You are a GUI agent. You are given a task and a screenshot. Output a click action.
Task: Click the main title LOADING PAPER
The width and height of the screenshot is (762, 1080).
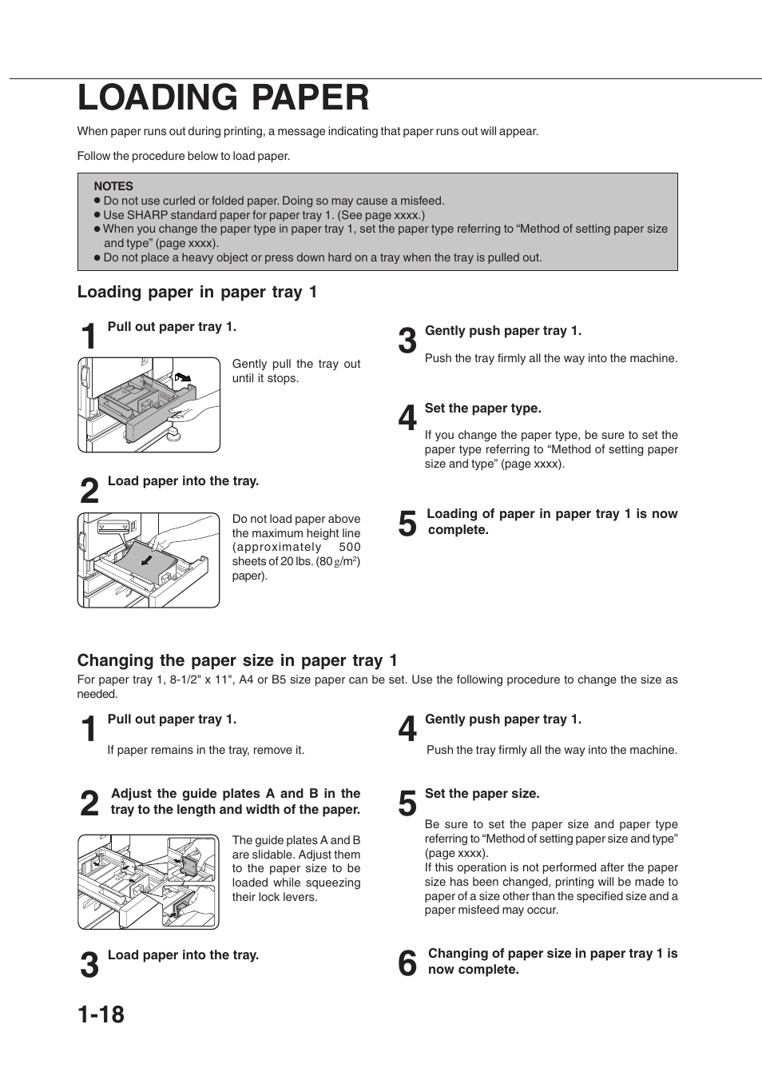tap(224, 98)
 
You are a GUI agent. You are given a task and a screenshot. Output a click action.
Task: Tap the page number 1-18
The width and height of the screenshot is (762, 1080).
tap(101, 1014)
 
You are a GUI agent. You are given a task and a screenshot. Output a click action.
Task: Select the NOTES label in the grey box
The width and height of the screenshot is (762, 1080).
tap(113, 186)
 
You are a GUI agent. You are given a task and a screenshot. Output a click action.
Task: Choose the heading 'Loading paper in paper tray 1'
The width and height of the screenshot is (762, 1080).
tap(197, 293)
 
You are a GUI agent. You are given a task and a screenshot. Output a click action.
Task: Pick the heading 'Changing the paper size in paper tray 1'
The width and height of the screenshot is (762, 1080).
tap(237, 660)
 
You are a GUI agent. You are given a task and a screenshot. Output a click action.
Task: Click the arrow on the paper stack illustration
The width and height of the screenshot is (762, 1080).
tap(145, 561)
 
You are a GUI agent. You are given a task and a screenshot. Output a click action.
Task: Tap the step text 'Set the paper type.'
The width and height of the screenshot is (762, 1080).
tap(482, 408)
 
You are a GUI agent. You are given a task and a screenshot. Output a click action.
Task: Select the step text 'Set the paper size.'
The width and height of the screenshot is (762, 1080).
tap(482, 794)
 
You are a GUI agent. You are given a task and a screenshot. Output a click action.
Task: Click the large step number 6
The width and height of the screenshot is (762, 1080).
tap(407, 964)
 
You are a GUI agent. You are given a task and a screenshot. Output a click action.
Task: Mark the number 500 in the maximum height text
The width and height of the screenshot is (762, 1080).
tap(349, 548)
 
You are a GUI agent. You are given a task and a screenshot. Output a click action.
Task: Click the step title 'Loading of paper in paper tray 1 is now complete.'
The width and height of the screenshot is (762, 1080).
tap(552, 522)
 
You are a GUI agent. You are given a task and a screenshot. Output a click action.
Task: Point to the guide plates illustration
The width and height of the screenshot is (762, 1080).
tap(148, 882)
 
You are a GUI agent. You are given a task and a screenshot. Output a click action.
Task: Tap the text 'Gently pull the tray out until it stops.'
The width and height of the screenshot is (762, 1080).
tap(296, 371)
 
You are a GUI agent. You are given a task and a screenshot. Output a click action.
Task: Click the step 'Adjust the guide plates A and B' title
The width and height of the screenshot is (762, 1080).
tap(236, 802)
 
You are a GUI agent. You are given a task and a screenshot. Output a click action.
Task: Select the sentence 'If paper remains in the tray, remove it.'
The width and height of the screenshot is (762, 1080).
tap(206, 750)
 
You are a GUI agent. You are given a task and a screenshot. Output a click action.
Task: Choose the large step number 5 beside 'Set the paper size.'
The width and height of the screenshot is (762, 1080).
tap(407, 804)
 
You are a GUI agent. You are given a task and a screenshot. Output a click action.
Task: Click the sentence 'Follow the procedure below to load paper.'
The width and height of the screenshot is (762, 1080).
tap(184, 156)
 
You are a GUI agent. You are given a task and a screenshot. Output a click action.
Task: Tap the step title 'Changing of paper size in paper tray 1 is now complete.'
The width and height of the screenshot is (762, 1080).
tap(553, 962)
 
